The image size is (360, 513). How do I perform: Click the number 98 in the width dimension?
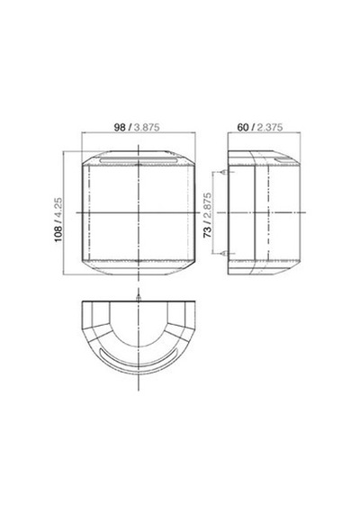coord(120,127)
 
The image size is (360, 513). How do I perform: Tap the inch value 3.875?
coord(147,127)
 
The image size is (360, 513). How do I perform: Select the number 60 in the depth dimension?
coord(242,127)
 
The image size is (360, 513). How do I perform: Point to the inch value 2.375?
coord(269,127)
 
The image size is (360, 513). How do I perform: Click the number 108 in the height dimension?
coord(58,233)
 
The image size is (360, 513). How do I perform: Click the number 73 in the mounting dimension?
coord(208,232)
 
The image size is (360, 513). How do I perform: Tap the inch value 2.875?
coord(208,206)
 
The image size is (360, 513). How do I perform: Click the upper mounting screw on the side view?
coord(224,172)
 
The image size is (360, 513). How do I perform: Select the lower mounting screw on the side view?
coord(225,253)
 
